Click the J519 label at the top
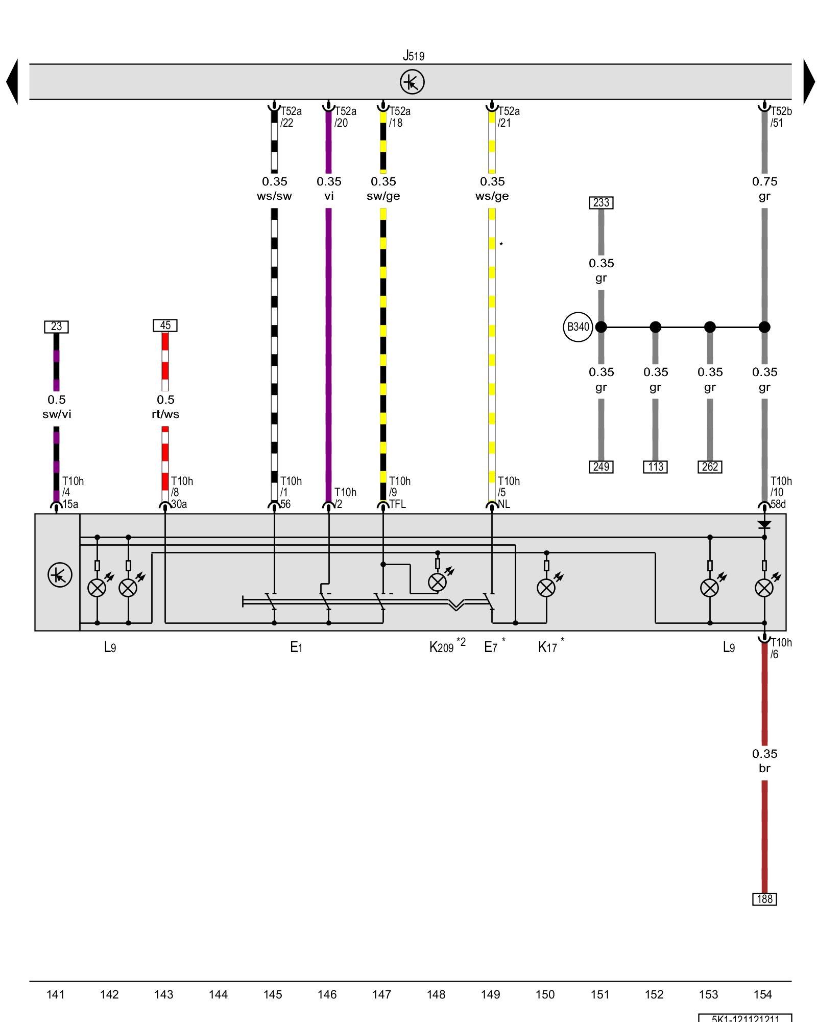pos(413,55)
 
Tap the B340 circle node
pos(578,327)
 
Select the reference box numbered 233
pos(601,203)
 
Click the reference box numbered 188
pos(764,899)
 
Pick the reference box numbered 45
pos(165,326)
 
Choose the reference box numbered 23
pos(56,327)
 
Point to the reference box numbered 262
pos(710,467)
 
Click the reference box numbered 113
pos(655,467)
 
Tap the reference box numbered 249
pos(601,467)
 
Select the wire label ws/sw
pos(274,196)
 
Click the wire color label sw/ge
pos(383,196)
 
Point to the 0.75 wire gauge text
pos(764,181)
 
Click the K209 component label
pos(442,647)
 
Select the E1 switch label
pos(296,647)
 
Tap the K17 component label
pos(547,647)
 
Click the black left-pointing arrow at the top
pos(12,82)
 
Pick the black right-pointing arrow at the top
pos(809,82)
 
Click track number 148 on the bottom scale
pos(436,994)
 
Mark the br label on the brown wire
pos(764,769)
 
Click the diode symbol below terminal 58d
pos(764,525)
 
